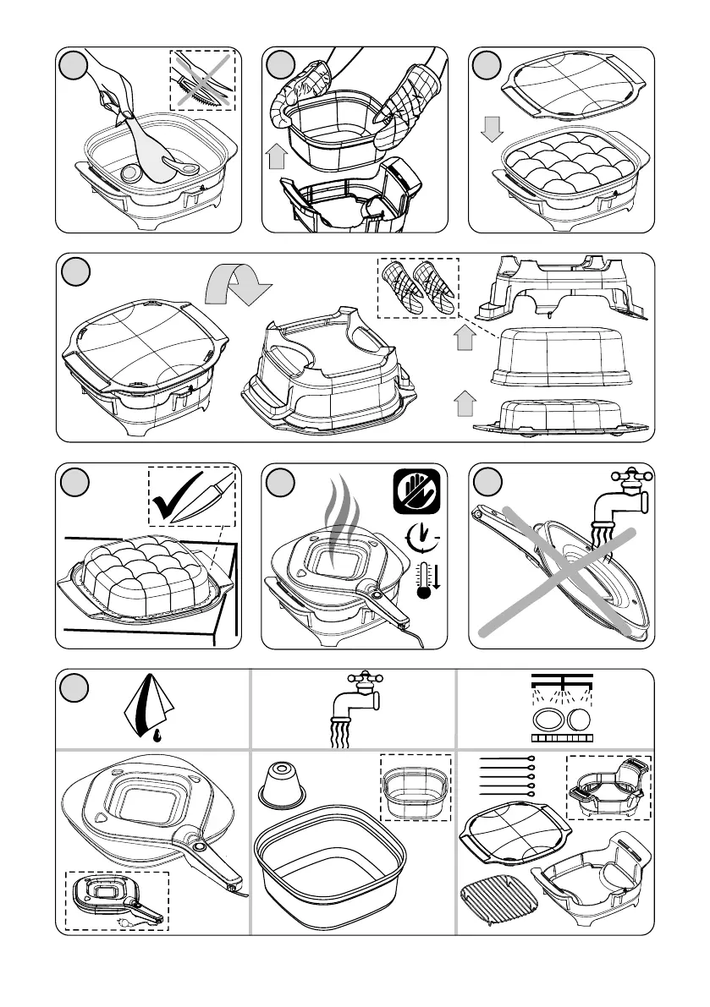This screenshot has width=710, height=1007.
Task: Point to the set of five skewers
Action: pos(505,775)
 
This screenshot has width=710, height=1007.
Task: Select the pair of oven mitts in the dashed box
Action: pos(417,287)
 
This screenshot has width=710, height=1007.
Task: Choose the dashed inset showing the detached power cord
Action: pos(117,900)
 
